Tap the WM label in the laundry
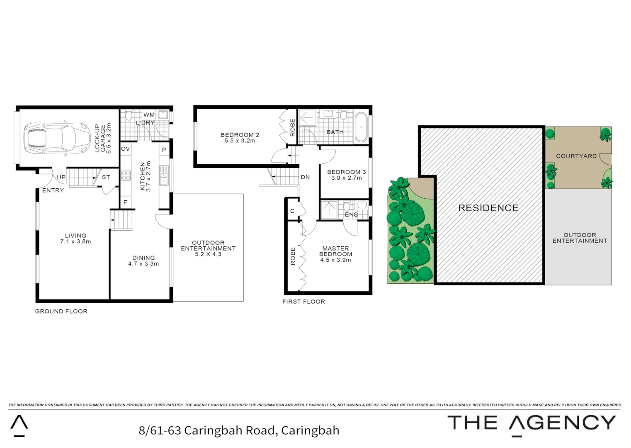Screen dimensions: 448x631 point(149,115)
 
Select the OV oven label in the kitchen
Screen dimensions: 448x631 point(125,149)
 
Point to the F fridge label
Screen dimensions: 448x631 point(125,202)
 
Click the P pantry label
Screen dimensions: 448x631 point(164,150)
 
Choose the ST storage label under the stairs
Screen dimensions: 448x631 point(106,177)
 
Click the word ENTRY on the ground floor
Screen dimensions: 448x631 point(53,190)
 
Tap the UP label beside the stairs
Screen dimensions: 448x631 point(61,177)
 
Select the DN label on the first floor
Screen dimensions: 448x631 point(305,177)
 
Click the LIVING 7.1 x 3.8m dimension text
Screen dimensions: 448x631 point(75,241)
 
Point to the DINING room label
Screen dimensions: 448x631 point(143,258)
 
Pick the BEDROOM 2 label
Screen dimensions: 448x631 point(240,135)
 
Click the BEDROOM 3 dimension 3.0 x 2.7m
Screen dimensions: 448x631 point(346,178)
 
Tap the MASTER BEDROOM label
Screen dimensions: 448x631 point(335,251)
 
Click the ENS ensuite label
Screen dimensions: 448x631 point(351,214)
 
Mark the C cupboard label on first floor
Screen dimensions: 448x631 point(292,211)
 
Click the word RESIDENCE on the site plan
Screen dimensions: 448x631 point(488,208)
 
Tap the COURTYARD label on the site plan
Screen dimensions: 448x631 point(576,156)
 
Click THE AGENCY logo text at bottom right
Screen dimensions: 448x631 point(531,423)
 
